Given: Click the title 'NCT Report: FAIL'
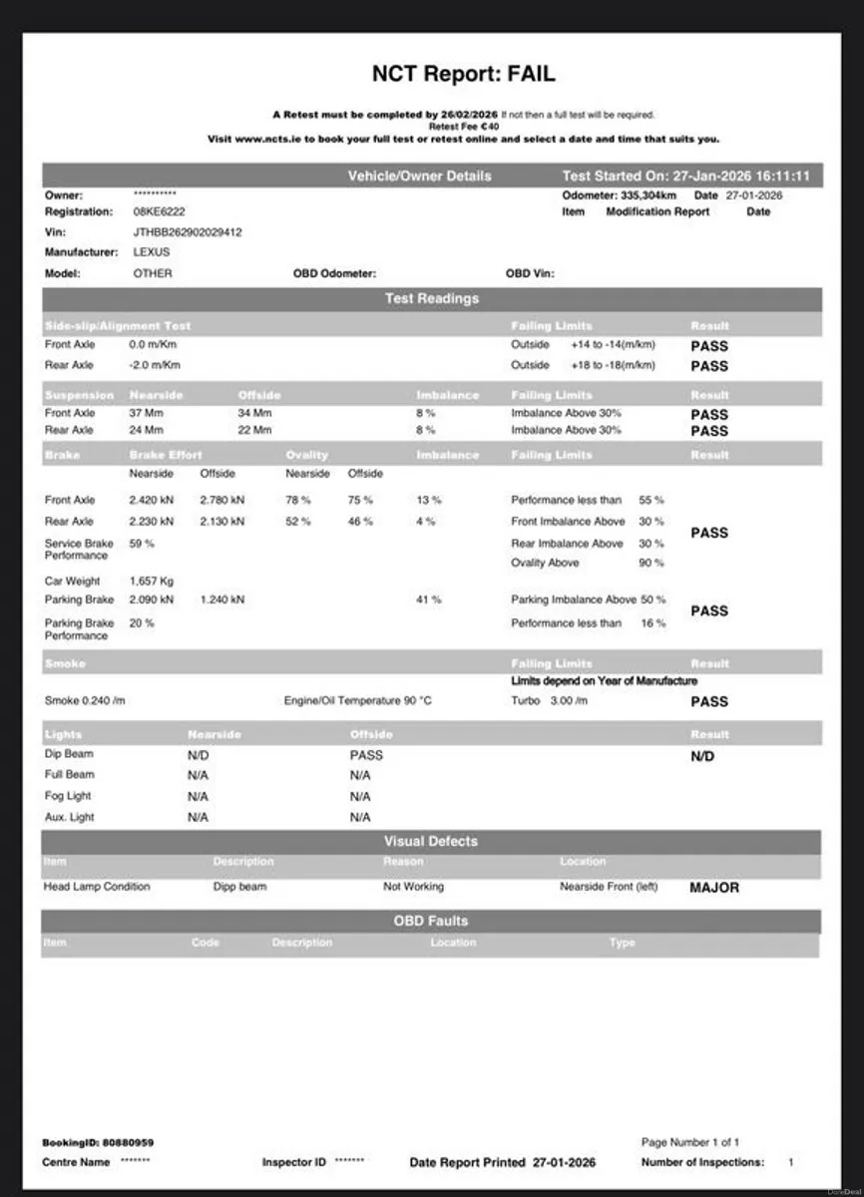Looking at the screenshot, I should [x=463, y=74].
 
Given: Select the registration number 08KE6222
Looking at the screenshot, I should [x=159, y=212].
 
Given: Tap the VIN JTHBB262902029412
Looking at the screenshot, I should [x=188, y=232].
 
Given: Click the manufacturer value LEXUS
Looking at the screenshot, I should [x=152, y=252].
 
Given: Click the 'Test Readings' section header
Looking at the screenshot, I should [x=431, y=298].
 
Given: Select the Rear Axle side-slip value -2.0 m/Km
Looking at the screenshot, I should [x=155, y=365].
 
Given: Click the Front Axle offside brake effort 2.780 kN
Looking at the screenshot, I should [x=221, y=500].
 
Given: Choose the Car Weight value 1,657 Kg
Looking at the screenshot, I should [x=152, y=581].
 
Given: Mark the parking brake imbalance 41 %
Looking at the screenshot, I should [x=429, y=600].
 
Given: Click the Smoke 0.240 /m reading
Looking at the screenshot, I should [x=85, y=701].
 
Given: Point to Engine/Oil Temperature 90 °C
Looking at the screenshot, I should [x=357, y=701].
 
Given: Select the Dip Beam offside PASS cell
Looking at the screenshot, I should [x=366, y=755].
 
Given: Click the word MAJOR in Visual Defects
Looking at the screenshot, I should [x=714, y=887].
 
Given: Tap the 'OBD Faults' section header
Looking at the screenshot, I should [x=431, y=921].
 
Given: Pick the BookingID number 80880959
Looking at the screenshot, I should [x=128, y=1142].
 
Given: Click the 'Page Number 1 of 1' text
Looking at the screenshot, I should [x=690, y=1142].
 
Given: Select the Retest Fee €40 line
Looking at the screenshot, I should [x=463, y=127].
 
